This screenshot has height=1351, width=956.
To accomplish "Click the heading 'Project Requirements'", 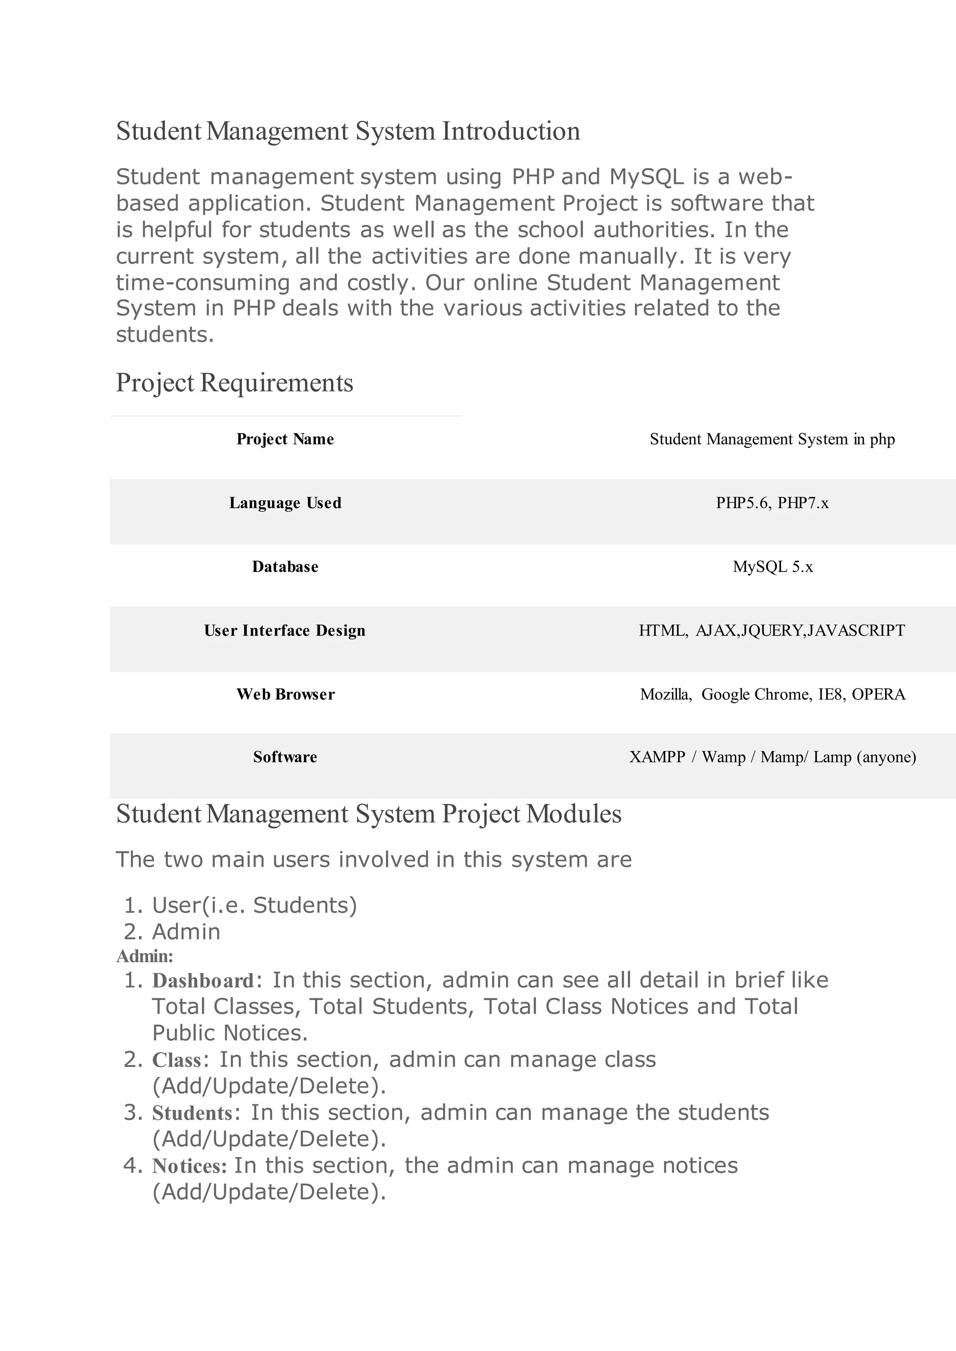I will click(234, 383).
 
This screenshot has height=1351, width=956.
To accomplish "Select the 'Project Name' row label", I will click(285, 439).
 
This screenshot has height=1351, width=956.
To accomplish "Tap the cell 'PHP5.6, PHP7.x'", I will click(772, 503).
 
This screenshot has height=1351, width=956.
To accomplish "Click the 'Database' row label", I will click(285, 567).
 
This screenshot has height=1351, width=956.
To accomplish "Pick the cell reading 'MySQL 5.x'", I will click(773, 567).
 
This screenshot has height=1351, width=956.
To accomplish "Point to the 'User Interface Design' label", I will click(284, 631).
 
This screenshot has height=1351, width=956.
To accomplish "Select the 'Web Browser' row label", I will click(286, 694).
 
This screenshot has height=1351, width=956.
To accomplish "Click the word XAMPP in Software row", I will click(657, 757).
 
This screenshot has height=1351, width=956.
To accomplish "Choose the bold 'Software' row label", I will click(285, 757).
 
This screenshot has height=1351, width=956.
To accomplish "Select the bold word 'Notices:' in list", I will click(189, 1166).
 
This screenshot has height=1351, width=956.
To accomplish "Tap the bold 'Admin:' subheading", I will click(144, 956).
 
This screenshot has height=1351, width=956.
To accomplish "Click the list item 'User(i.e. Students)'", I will click(254, 905).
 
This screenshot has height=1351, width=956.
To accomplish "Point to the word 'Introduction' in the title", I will click(510, 131).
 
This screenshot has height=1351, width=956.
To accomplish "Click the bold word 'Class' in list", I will click(176, 1060).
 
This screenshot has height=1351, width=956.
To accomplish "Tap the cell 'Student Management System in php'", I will click(772, 439).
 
